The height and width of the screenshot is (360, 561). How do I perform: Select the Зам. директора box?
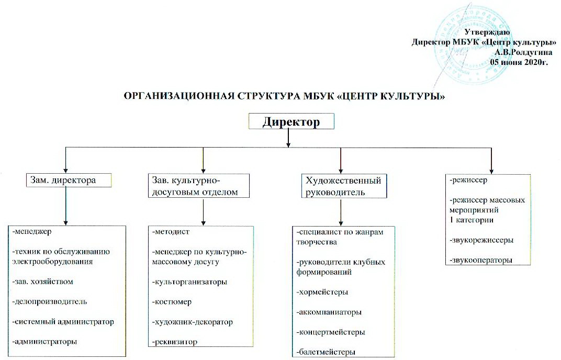point(70,181)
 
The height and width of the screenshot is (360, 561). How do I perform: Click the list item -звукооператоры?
point(481,260)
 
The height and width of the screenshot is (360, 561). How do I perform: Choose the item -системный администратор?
point(62,321)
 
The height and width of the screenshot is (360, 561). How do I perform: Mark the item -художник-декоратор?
point(192,321)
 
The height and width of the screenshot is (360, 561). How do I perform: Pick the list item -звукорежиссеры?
point(481,240)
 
